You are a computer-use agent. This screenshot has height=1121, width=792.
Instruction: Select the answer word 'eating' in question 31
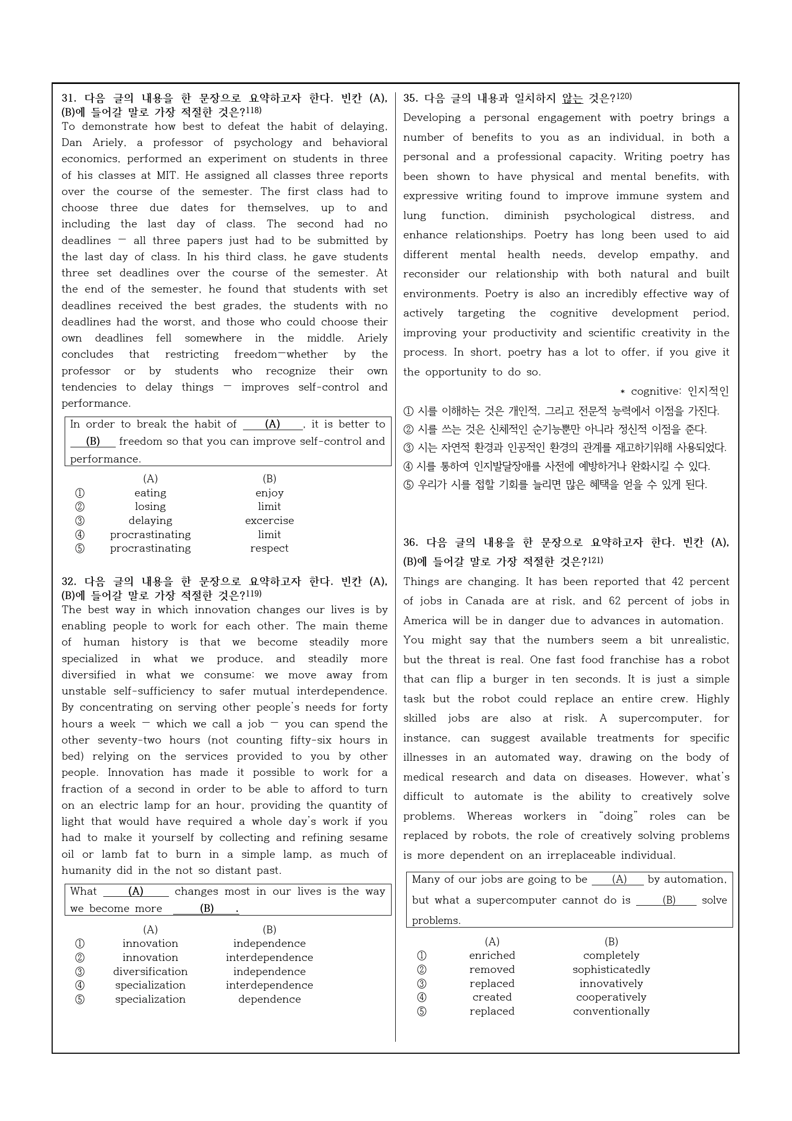(x=150, y=493)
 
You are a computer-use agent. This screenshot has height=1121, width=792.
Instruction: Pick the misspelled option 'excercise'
(x=269, y=520)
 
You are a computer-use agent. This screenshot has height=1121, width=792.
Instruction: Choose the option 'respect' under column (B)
(x=269, y=548)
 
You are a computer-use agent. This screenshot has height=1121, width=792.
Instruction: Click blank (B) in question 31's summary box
(x=93, y=441)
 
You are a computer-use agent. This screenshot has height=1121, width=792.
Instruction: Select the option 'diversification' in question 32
(x=150, y=971)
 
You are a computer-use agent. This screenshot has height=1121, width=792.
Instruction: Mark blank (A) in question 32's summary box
(x=136, y=891)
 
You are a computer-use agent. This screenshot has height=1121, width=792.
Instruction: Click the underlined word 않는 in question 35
(x=572, y=99)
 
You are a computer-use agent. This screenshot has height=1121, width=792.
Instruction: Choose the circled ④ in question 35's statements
(x=408, y=466)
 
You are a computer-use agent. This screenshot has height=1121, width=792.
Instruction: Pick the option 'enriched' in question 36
(x=492, y=955)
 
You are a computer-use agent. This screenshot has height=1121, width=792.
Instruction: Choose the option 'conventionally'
(x=611, y=1011)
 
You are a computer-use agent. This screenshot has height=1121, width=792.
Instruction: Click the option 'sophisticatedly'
(x=611, y=969)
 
